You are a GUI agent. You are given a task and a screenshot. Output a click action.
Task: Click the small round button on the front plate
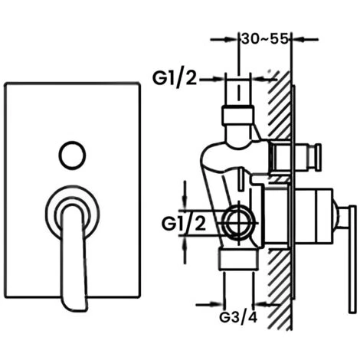(x=72, y=154)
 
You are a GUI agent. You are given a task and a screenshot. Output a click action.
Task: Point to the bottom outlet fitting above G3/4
(x=237, y=258)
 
